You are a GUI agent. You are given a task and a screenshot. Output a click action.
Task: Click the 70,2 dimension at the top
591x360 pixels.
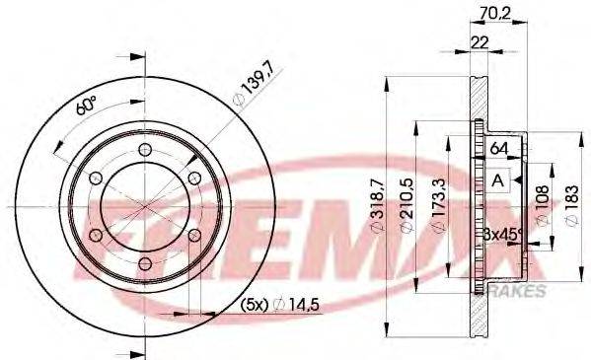(x=489, y=15)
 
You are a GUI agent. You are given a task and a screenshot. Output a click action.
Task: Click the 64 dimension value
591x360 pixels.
(x=499, y=148)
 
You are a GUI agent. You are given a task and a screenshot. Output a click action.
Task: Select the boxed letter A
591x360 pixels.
(x=498, y=181)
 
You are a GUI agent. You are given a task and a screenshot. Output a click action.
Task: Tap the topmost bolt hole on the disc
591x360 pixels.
(x=144, y=150)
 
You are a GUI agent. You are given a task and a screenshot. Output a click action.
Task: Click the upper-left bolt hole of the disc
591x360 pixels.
(x=96, y=178)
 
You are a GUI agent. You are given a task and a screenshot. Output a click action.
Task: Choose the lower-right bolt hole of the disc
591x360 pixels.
(x=192, y=234)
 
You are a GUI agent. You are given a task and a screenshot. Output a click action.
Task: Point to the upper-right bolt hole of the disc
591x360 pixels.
(x=192, y=178)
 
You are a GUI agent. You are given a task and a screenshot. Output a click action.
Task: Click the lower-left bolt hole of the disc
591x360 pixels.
(x=96, y=234)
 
